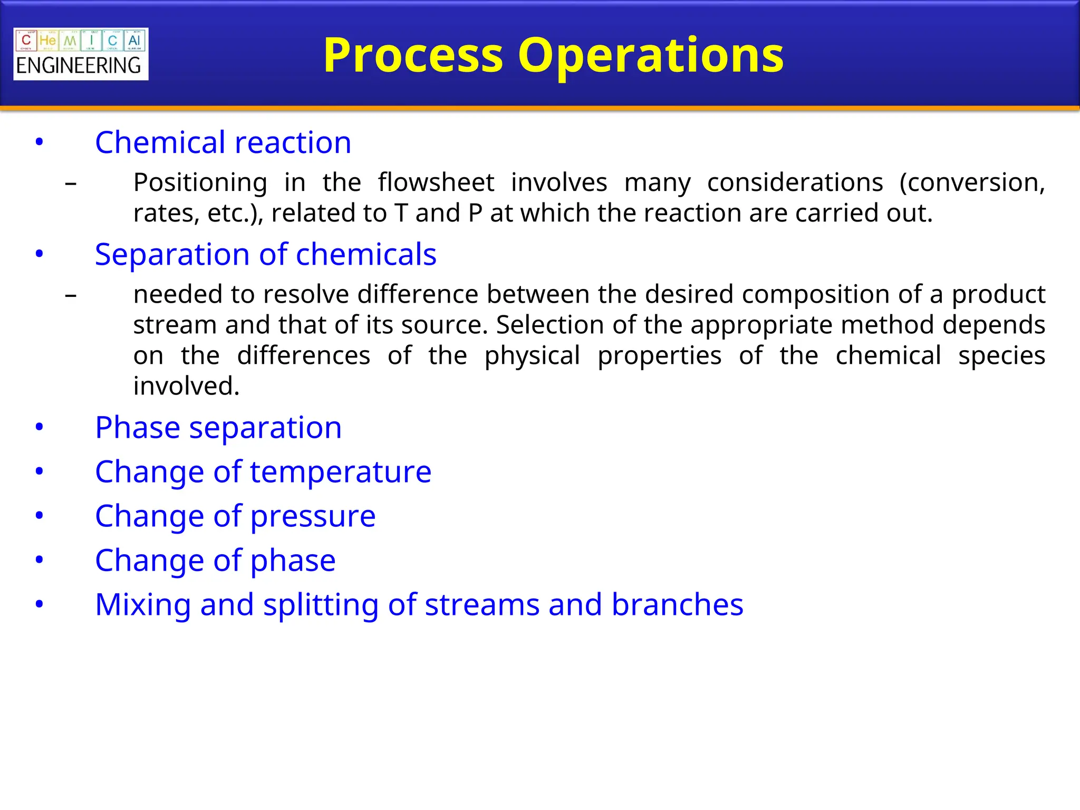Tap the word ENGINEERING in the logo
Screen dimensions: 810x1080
[79, 66]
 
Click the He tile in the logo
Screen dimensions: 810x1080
[47, 41]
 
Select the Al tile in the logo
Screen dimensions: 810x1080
[134, 41]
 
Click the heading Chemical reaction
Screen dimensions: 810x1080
[223, 142]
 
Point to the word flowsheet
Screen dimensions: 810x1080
[436, 182]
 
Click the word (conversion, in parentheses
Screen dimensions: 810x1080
[971, 182]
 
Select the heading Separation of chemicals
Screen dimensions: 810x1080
[265, 254]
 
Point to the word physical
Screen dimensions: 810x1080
[532, 355]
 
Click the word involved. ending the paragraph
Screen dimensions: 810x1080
[186, 386]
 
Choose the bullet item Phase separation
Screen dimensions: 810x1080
[218, 427]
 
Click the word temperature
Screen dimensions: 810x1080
[341, 471]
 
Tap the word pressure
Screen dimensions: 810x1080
[313, 516]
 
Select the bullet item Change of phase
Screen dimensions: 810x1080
[215, 560]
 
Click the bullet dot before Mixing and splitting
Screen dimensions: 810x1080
[39, 604]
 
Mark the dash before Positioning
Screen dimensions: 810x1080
[71, 184]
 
